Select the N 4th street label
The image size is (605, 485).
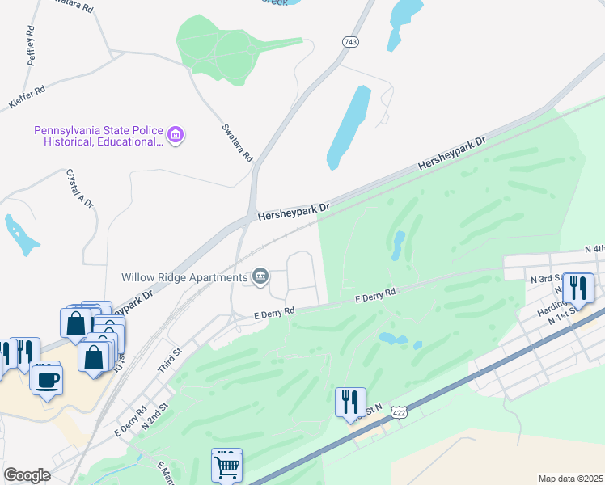click(x=594, y=250)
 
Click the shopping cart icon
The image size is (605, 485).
click(x=226, y=466)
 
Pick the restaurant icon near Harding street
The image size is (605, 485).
click(x=578, y=288)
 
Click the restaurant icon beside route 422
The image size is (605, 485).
click(x=350, y=402)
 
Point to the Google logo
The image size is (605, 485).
click(x=27, y=475)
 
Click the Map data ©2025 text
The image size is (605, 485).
click(x=570, y=479)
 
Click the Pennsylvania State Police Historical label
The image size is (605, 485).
click(x=98, y=136)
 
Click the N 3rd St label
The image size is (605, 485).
click(x=546, y=279)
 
